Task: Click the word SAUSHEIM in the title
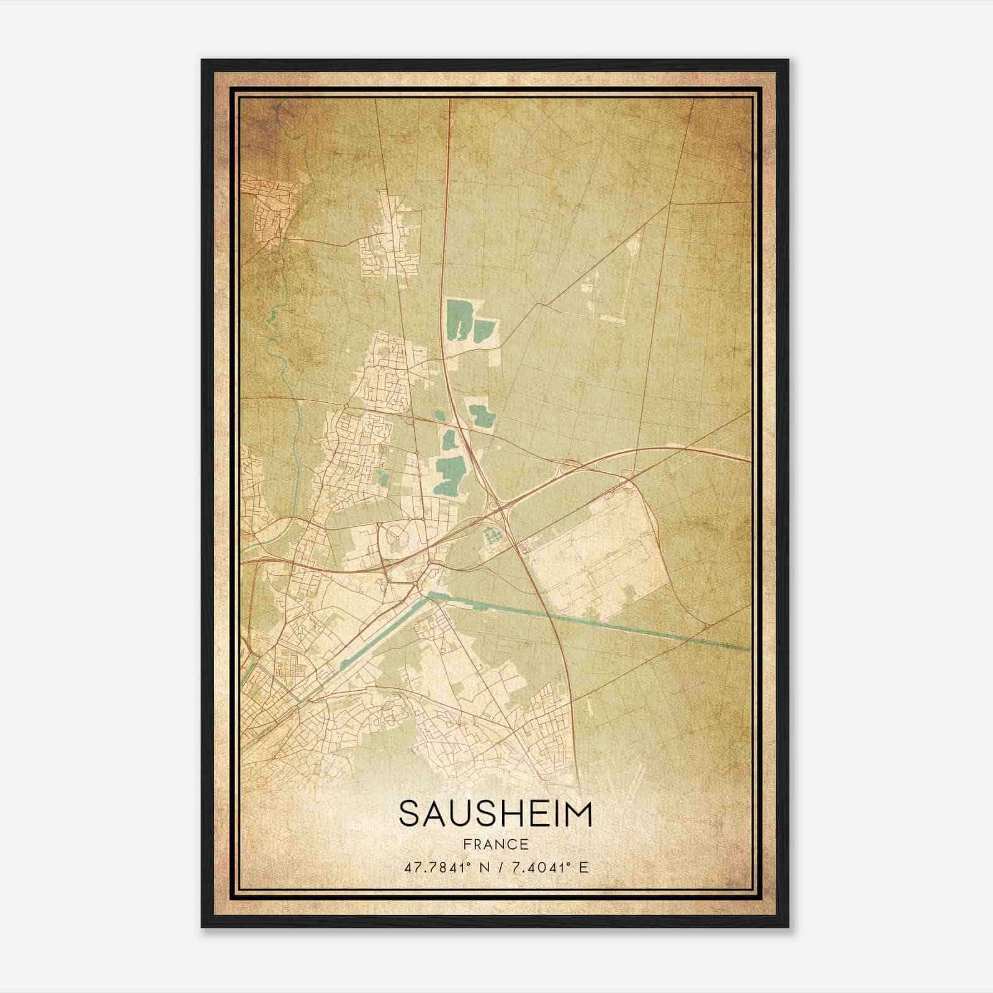click(x=495, y=814)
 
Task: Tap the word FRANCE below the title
click(x=495, y=844)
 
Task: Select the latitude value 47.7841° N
click(x=444, y=867)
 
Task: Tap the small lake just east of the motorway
click(x=480, y=416)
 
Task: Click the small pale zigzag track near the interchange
click(x=524, y=546)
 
